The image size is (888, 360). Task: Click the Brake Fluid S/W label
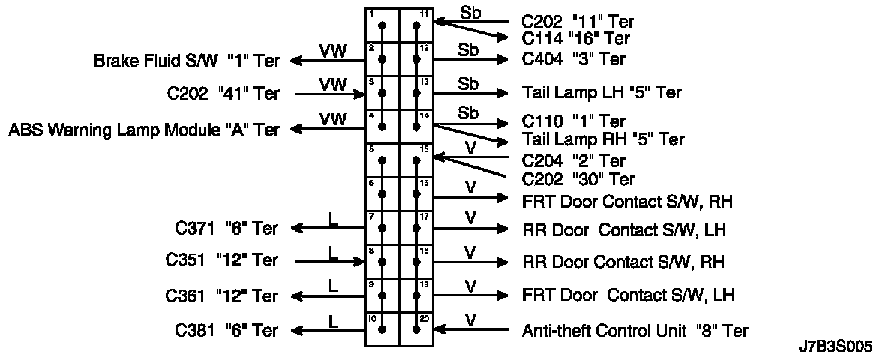click(x=187, y=61)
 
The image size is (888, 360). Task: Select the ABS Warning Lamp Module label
click(x=144, y=130)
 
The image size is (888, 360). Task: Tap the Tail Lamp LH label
click(x=601, y=93)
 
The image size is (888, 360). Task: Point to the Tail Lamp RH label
click(x=603, y=139)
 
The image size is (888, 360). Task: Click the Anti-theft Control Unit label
click(x=634, y=330)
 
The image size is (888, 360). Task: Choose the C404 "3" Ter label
click(x=573, y=59)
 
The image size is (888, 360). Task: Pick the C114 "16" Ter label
click(x=575, y=38)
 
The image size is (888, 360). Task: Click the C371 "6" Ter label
click(x=226, y=228)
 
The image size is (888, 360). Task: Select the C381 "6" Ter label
click(x=226, y=330)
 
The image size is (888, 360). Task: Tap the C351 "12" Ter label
click(x=221, y=261)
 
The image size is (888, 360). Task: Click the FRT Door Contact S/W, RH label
click(x=627, y=201)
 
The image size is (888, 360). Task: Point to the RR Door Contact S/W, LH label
click(x=624, y=229)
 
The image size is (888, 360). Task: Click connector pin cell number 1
click(x=382, y=25)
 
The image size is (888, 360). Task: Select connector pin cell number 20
click(x=416, y=329)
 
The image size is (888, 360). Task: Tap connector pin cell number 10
click(x=382, y=329)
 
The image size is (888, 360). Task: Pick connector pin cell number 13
click(x=416, y=93)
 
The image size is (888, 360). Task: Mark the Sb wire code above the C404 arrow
click(x=469, y=49)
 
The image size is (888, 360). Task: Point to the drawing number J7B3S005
click(x=835, y=347)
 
